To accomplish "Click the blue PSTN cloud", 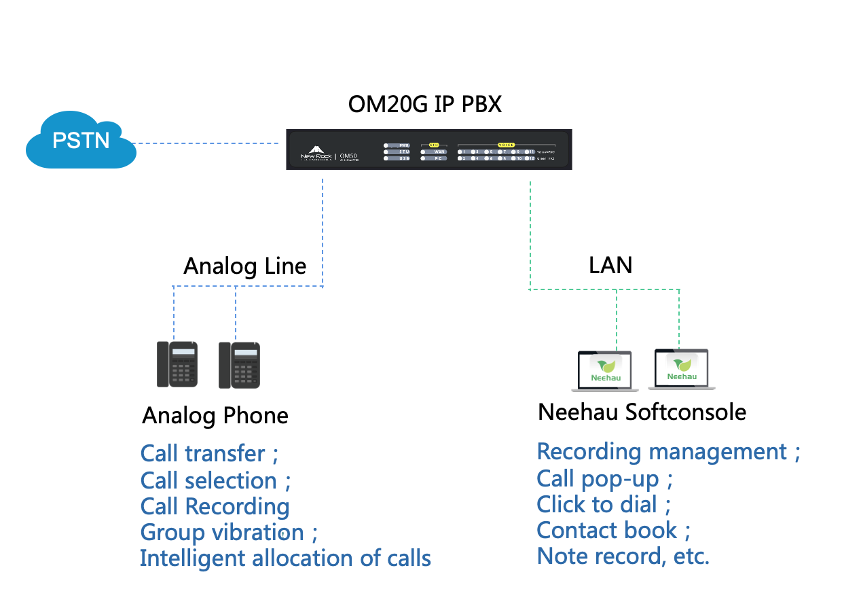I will (81, 140).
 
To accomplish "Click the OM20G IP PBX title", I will (425, 105).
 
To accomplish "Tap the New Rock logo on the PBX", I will (316, 152).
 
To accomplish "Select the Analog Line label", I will (244, 266).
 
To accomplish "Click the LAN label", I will (610, 265).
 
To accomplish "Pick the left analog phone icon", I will (177, 364).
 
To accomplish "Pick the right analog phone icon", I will (239, 365).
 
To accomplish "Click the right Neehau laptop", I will (681, 370).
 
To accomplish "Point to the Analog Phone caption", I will (215, 416).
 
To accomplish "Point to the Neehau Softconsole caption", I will (642, 412).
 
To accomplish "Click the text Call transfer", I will (202, 453).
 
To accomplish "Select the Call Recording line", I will (215, 506).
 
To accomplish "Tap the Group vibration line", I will (221, 532).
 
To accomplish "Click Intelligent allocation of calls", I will (285, 558).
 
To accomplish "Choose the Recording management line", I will (661, 451).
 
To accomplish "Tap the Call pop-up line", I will (598, 478).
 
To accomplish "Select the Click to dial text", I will (597, 504).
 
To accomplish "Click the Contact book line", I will (606, 530).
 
